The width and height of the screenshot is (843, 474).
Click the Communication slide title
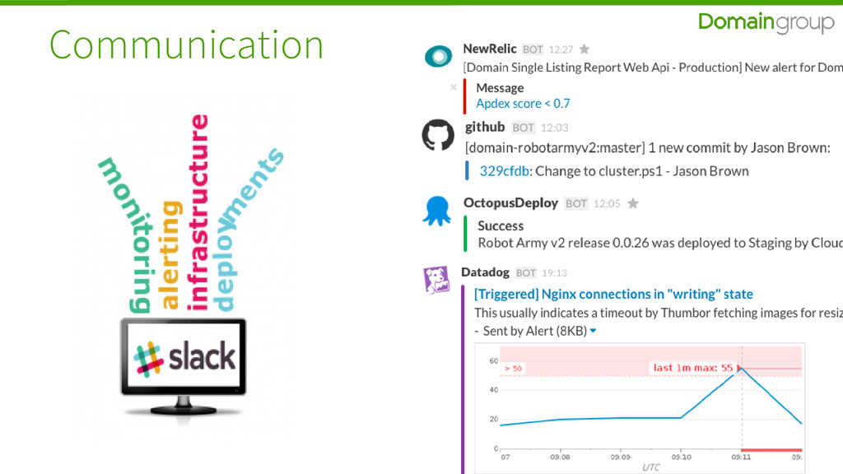click(186, 44)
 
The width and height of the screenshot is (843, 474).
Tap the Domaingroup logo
click(766, 22)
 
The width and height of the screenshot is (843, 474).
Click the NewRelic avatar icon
click(437, 57)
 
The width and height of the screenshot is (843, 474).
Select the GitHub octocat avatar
click(437, 135)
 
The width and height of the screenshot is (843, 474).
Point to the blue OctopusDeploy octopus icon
click(437, 211)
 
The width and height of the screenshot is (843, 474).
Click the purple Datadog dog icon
click(435, 281)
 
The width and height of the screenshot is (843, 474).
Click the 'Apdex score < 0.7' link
click(523, 104)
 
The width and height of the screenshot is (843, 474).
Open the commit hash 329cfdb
click(504, 171)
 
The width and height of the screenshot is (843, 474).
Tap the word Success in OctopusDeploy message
click(501, 225)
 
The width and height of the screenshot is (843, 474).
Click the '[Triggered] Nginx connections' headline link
click(613, 294)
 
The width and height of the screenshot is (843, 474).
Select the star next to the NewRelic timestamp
click(585, 49)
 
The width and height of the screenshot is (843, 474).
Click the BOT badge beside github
click(523, 128)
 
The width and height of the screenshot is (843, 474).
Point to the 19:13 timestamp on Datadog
click(554, 272)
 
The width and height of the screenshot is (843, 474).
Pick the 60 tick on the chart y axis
click(494, 361)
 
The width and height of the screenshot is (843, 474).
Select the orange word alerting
click(170, 254)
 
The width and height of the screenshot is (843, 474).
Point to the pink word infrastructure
click(198, 212)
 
